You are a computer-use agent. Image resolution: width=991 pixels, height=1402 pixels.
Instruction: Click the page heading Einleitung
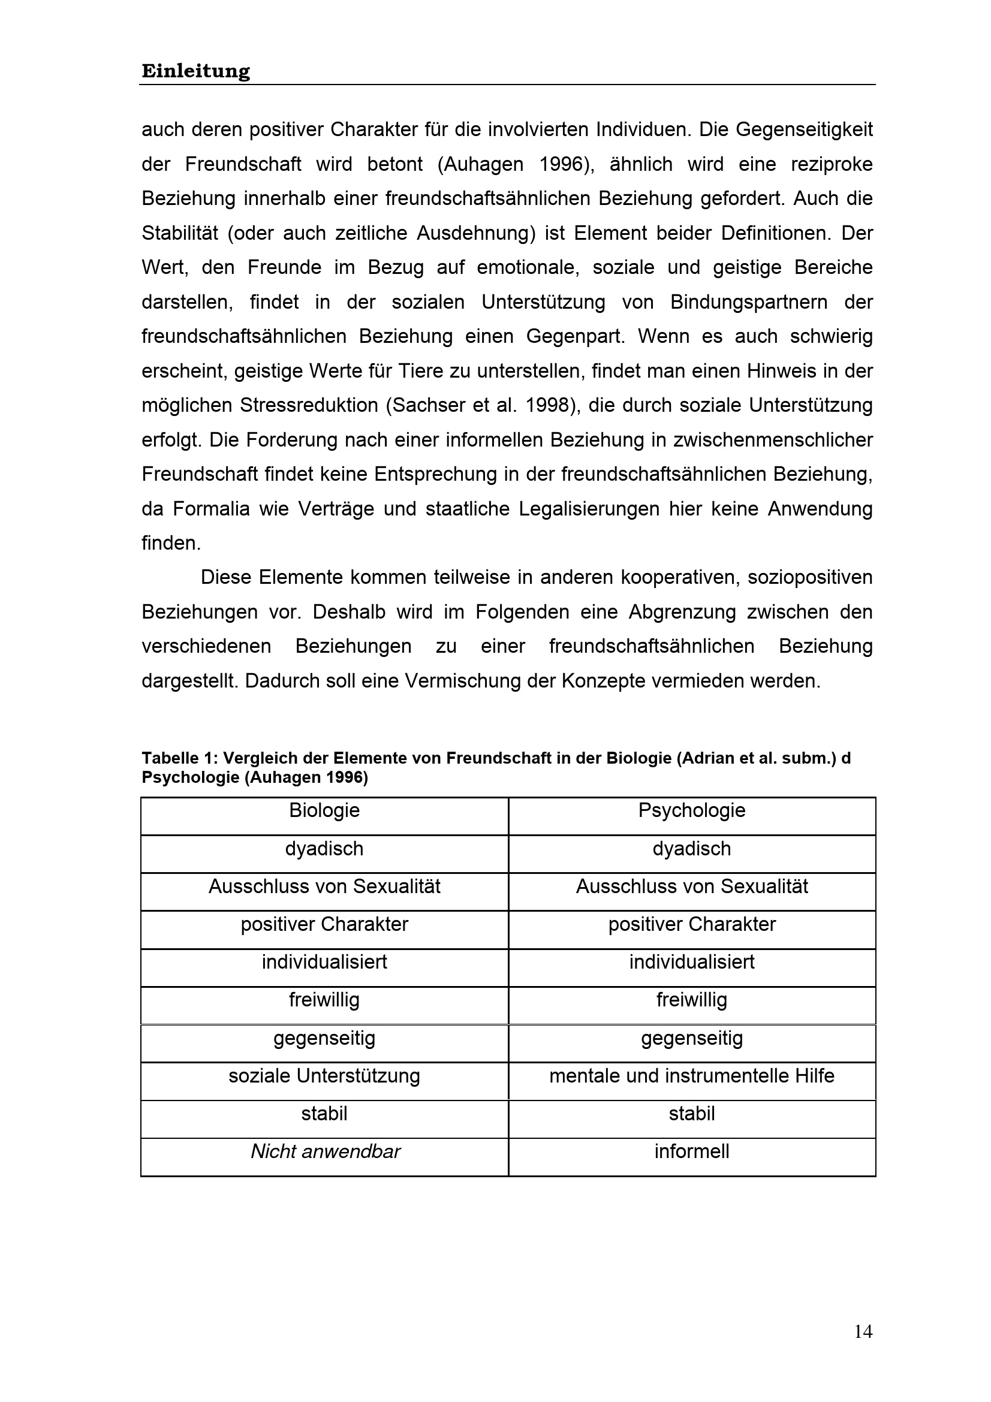point(195,71)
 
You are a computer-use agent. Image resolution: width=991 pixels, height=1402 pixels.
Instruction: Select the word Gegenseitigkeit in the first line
point(804,130)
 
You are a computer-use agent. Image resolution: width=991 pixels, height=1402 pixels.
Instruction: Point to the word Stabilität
point(179,233)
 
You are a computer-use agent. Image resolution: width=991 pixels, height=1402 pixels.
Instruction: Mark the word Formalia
point(211,509)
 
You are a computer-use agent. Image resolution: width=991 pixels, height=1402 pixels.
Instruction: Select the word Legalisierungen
point(589,509)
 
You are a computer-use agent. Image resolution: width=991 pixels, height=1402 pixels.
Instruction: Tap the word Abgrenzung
point(682,612)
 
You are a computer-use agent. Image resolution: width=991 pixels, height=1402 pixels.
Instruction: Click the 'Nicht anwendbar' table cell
point(326,1151)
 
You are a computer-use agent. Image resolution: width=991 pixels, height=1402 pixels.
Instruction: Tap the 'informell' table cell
point(692,1151)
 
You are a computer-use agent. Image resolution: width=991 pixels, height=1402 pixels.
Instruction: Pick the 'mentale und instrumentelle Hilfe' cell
point(692,1075)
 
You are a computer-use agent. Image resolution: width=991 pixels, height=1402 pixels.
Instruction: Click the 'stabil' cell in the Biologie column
point(324,1114)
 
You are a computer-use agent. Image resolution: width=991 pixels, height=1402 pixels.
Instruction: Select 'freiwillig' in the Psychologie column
point(692,1000)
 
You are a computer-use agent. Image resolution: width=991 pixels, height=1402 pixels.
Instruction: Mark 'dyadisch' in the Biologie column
point(324,849)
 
